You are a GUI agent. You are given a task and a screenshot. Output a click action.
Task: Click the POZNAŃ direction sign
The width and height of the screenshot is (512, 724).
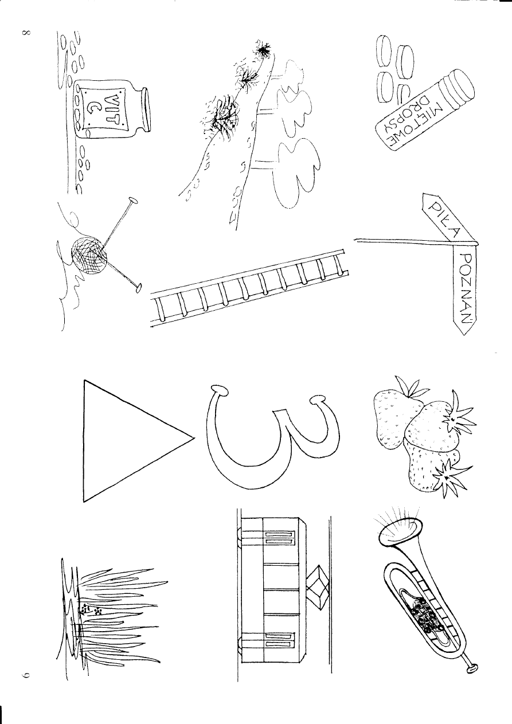pos(466,290)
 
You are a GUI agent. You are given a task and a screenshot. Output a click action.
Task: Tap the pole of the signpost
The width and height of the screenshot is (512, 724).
pos(401,241)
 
